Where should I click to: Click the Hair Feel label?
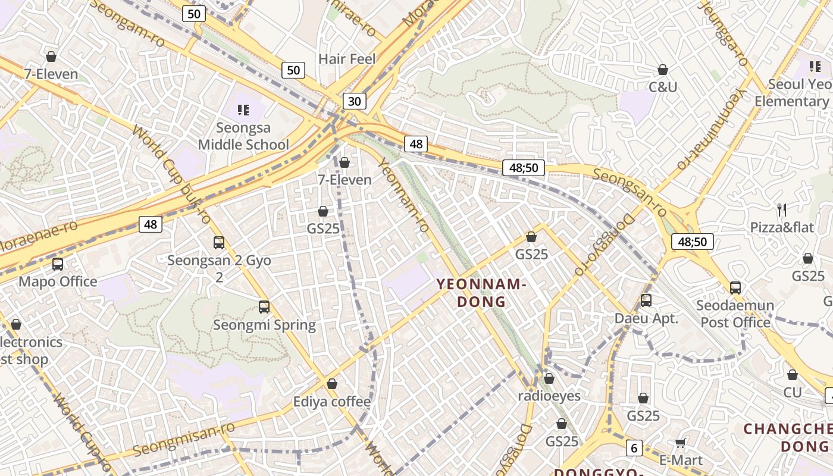347,59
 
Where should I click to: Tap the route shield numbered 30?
354,101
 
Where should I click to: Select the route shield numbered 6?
634,448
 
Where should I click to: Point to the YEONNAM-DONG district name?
481,293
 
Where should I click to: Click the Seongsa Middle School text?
243,136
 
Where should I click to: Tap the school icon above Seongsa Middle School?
243,109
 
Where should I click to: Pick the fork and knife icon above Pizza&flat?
782,209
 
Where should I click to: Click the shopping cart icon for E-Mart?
681,442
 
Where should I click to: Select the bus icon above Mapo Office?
58,264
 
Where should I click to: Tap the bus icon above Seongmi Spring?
264,307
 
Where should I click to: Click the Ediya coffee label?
331,402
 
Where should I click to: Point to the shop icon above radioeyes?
549,378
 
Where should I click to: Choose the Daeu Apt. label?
646,318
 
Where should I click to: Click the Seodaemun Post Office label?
735,314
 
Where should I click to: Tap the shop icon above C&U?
663,70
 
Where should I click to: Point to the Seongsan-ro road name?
630,191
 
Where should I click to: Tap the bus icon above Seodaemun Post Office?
735,288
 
